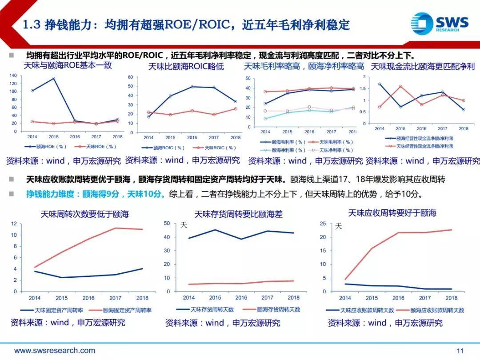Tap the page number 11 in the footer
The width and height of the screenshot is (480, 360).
[x=460, y=351]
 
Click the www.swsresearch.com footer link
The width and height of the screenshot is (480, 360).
[x=55, y=351]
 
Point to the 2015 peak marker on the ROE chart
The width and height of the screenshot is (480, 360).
[x=53, y=79]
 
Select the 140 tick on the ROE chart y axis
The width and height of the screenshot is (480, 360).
[x=13, y=76]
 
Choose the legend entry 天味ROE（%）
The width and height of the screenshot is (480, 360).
[x=100, y=147]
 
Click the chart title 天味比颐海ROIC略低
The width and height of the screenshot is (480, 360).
[x=186, y=67]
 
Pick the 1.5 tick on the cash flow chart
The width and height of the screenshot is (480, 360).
[x=364, y=89]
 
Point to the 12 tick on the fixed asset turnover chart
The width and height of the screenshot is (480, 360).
[x=15, y=224]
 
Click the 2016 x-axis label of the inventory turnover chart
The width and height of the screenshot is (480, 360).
[x=241, y=298]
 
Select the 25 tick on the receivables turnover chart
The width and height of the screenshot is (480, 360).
[x=323, y=224]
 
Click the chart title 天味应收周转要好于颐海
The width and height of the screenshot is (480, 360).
[x=392, y=213]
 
